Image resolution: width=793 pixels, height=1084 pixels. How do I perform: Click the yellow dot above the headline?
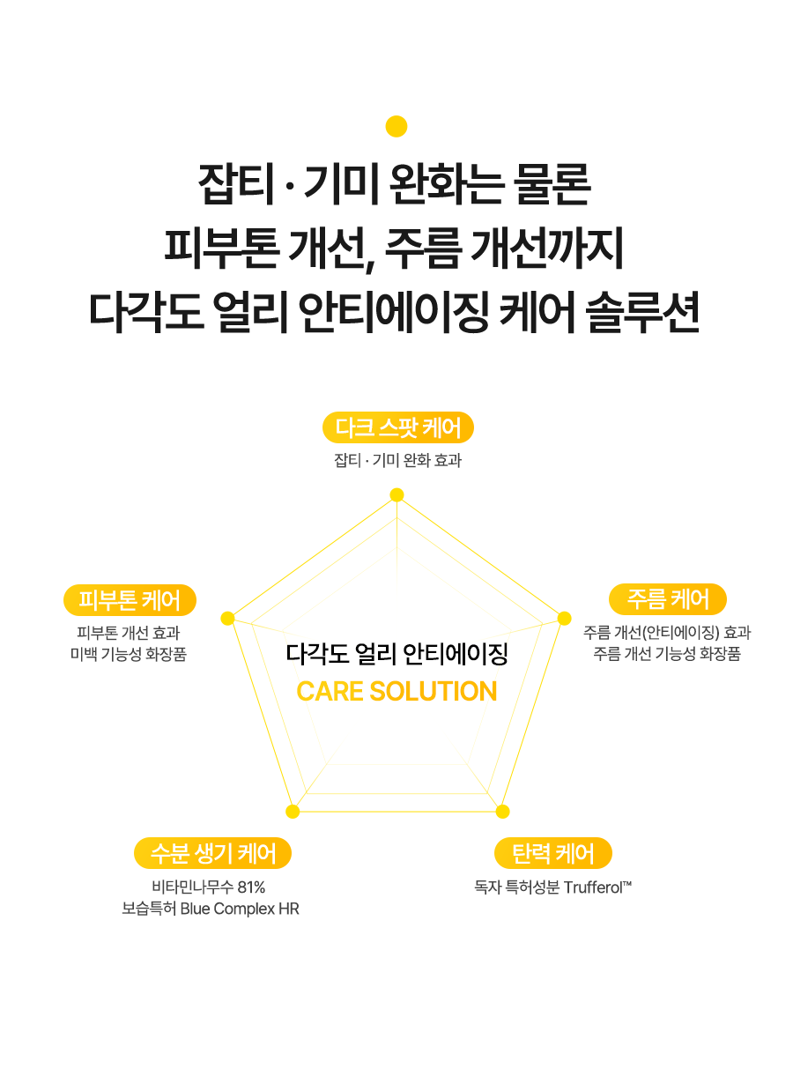pos(396,126)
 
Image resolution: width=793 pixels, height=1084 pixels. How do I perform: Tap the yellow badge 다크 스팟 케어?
pos(398,428)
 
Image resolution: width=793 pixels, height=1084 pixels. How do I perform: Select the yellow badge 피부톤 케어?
pos(130,600)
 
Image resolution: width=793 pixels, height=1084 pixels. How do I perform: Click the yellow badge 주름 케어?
pos(668,599)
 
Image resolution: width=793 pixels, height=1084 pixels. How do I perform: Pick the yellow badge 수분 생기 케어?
pos(212,853)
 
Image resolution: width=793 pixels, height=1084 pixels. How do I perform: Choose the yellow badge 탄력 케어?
pos(552,853)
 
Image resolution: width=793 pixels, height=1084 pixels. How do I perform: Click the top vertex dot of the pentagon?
pos(396,494)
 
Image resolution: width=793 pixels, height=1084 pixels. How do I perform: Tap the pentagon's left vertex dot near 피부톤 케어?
pos(227,618)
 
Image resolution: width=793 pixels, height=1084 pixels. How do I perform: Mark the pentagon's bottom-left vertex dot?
pos(293,811)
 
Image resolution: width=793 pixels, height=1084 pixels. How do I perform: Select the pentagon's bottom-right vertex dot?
pos(502,811)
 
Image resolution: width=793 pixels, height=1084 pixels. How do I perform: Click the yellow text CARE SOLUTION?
pos(396,692)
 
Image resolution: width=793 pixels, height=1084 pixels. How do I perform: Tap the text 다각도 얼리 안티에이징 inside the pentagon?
pos(396,654)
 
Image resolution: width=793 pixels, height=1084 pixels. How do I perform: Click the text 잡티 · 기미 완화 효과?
pos(398,460)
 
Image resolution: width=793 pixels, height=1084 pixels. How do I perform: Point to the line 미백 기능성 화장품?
pos(129,654)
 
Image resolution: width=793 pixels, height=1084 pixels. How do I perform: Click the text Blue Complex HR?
pos(240,909)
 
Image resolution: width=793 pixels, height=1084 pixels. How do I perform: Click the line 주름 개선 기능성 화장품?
pos(667,654)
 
